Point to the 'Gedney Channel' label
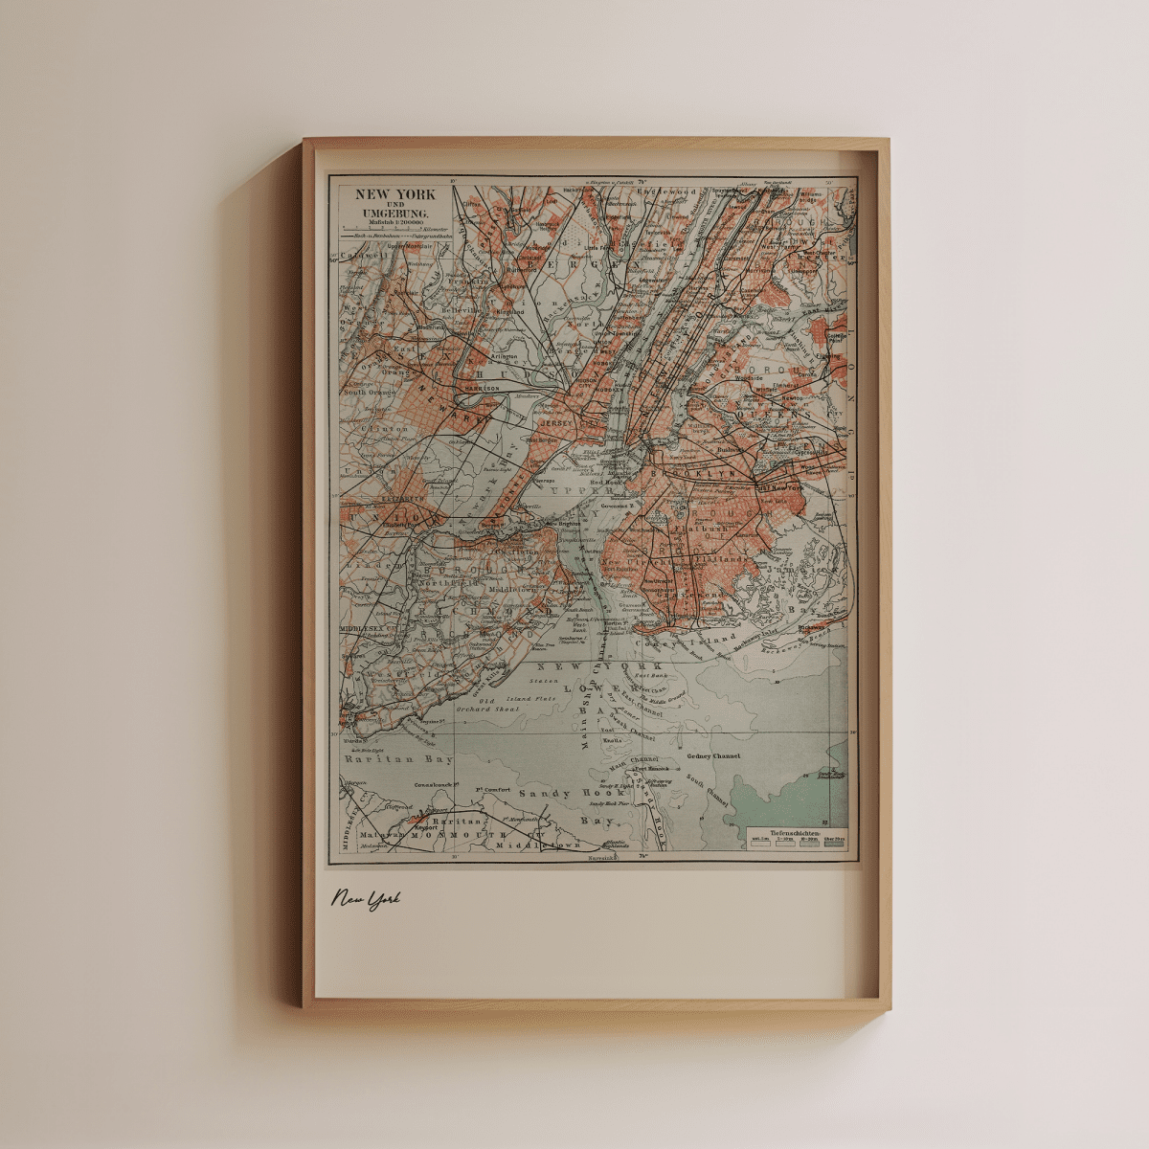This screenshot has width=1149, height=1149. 713,756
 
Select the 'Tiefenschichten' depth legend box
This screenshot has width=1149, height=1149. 794,837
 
